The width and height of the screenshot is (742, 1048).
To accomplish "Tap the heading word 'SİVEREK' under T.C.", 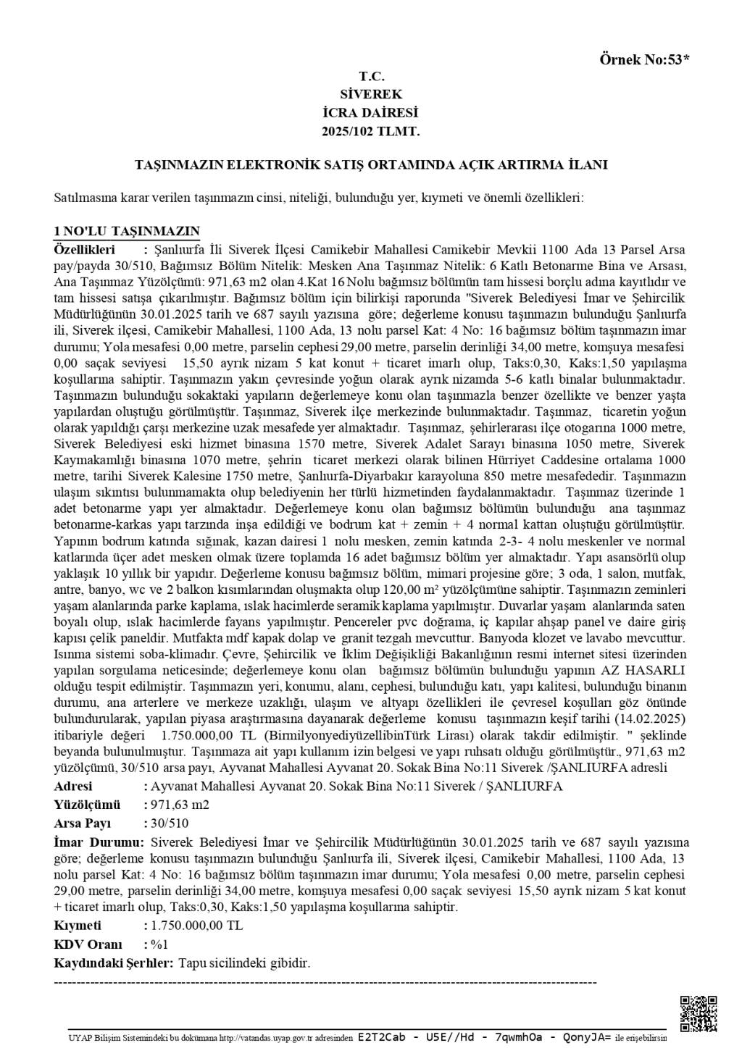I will (x=370, y=94).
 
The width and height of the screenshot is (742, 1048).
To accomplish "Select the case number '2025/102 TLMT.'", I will (x=370, y=132).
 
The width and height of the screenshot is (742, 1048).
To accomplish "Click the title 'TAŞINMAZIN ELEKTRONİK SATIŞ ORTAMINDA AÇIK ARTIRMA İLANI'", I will (x=371, y=165).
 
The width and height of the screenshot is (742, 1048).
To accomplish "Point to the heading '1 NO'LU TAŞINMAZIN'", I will (x=127, y=231).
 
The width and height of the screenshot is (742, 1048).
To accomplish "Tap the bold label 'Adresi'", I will (x=73, y=787).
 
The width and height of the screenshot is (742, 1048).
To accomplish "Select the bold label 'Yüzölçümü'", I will (x=86, y=805).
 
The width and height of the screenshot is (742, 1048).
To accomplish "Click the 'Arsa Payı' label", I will (x=83, y=823).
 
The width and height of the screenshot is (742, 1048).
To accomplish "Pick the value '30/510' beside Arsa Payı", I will (x=169, y=823).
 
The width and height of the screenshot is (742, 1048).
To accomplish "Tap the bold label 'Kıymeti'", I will (x=78, y=926).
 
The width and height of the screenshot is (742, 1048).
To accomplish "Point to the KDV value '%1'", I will (x=159, y=944).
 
